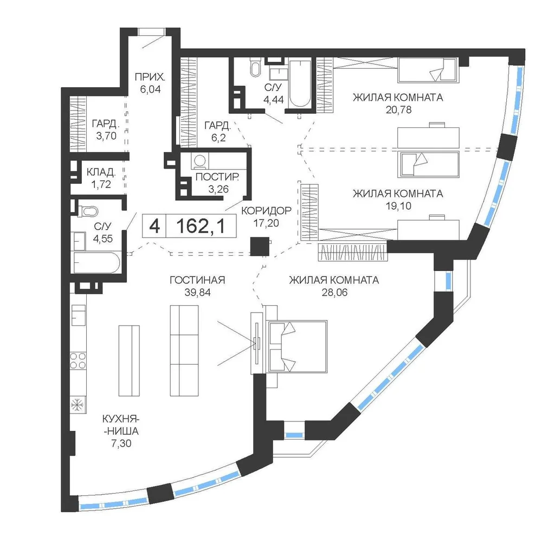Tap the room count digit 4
coord(154,227)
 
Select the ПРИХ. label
coord(150,77)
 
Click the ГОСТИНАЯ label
coord(197,280)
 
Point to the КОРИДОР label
coord(266,210)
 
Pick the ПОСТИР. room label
coord(217,177)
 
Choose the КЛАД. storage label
coord(101,172)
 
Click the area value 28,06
coord(334,293)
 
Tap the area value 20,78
coord(398,110)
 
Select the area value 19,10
coord(398,206)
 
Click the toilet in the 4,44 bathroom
coord(256,68)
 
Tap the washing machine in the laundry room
coord(199,161)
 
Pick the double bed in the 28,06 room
coord(296,346)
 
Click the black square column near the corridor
coord(260,246)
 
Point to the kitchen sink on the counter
coord(78,315)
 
